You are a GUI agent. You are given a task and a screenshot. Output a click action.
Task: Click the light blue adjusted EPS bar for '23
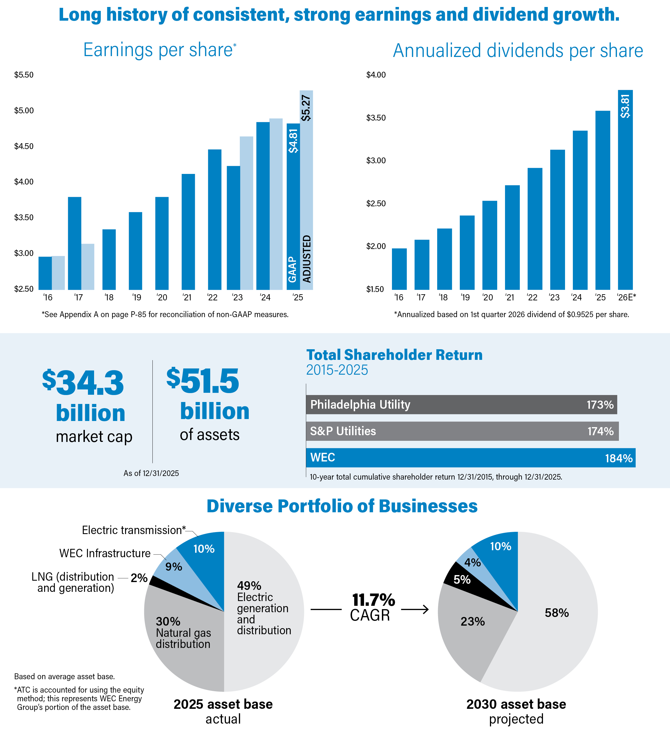coord(246,213)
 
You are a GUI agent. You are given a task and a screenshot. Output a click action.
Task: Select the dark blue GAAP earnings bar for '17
coord(75,243)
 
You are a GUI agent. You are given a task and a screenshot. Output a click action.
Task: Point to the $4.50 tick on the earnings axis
coord(24,146)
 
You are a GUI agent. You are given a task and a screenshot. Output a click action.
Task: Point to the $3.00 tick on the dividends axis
coord(376,161)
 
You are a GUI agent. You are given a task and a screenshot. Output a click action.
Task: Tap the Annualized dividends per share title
coord(518,51)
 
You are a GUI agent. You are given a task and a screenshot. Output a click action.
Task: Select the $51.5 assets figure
coord(203,381)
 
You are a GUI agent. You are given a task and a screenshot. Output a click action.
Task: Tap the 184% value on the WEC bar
coord(618,458)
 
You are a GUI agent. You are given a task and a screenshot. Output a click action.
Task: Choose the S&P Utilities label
coord(343,431)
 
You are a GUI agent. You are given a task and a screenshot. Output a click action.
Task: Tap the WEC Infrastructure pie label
coord(105,553)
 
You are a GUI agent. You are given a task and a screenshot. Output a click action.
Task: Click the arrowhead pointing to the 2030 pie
coord(425,609)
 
